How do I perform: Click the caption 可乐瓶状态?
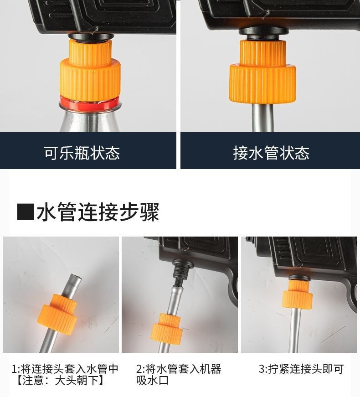(x=82, y=153)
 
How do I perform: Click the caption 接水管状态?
(x=271, y=153)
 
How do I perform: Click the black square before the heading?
(x=26, y=211)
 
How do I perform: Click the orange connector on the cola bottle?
(x=90, y=70)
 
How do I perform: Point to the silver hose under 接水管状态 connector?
(x=263, y=117)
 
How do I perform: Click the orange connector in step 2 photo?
(x=167, y=329)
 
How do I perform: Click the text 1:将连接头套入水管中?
(x=65, y=369)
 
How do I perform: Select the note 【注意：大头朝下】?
(x=60, y=380)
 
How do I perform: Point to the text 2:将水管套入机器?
(x=179, y=369)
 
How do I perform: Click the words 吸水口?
(x=152, y=380)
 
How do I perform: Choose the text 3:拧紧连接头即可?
(x=301, y=369)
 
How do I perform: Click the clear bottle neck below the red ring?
(x=90, y=121)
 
